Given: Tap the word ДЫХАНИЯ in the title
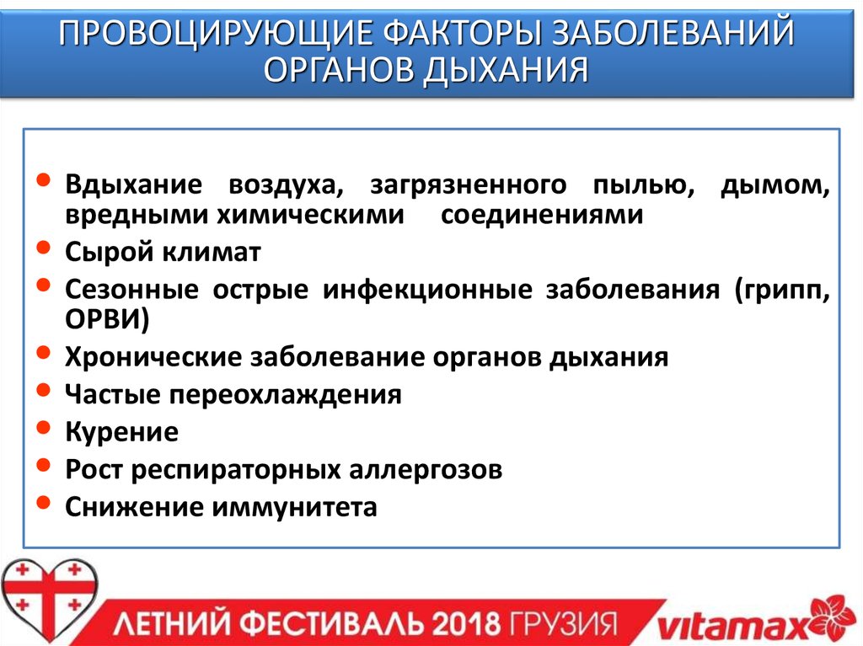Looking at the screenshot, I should point(505,70).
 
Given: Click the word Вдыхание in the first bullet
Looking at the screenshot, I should point(134,184).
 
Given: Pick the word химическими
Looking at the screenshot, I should point(311,215).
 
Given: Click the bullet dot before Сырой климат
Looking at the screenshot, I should point(44,251).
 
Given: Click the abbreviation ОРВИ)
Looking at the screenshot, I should point(107,319).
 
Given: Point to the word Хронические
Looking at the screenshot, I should point(152,357).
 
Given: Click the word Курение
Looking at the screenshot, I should point(121,432).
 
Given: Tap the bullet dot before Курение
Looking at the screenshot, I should point(44,431).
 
